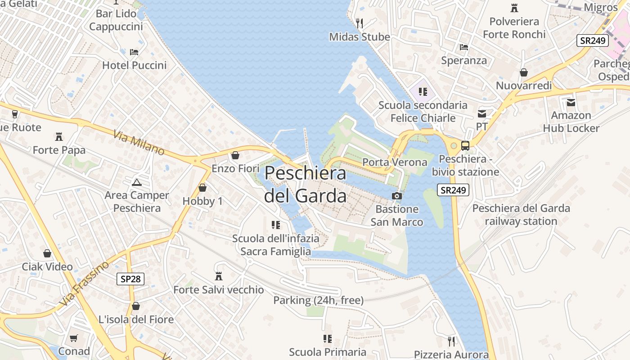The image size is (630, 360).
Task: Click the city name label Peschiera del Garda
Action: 306,184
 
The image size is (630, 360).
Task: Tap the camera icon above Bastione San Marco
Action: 397,196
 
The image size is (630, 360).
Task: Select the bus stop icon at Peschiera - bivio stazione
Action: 465,145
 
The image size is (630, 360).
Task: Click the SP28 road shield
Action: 131,279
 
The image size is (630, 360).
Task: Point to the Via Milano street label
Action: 139,144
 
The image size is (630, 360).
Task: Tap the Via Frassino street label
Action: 84,283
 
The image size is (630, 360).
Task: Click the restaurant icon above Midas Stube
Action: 359,23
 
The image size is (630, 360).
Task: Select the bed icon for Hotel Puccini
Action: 134,52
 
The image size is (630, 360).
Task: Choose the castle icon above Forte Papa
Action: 59,136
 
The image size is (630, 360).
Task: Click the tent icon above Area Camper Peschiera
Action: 136,182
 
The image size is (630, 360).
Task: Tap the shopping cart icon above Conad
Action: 74,338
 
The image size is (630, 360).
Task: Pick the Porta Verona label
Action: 395,162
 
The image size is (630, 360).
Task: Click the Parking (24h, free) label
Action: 319,300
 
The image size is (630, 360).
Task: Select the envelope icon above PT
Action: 482,113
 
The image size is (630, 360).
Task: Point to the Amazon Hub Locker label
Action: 571,121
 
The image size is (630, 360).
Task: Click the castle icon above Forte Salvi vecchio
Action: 219,276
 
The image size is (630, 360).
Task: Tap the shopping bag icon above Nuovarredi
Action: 524,72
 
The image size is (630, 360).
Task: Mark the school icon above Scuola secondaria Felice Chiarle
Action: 423,92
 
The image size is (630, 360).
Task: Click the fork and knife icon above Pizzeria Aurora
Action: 451,341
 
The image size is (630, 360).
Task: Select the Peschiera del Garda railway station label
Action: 521,215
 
